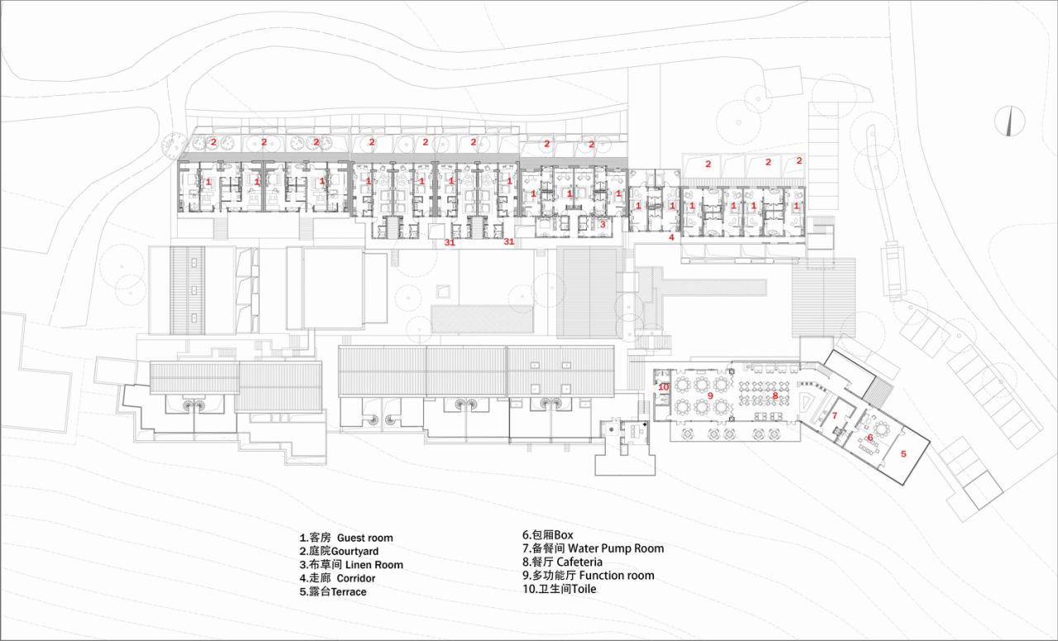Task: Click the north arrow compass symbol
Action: (1009, 121)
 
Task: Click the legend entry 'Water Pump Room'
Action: (593, 548)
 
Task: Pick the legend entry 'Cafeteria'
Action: (562, 562)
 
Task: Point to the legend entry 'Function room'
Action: (588, 576)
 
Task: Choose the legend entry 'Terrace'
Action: (333, 592)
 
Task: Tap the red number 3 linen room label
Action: (603, 224)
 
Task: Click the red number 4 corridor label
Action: (671, 237)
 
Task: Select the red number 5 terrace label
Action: (903, 453)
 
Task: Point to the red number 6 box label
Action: (870, 438)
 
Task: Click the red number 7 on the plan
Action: (835, 415)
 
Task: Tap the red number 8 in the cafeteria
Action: (774, 396)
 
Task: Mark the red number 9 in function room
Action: (709, 396)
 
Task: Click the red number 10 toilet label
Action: (663, 387)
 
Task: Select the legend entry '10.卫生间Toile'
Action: (559, 590)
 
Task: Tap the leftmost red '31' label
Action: (450, 242)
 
